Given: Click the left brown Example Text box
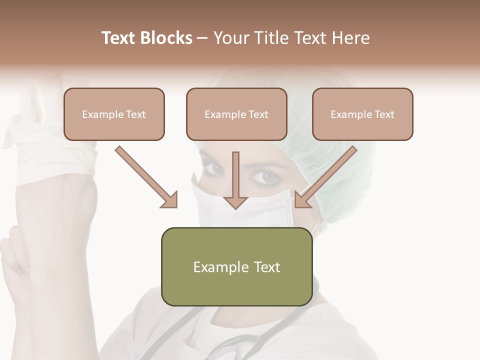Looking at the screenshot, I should click(x=114, y=114).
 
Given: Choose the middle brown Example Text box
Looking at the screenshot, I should click(x=236, y=114).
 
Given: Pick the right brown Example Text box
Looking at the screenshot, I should click(x=362, y=114).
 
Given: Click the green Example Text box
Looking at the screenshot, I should click(x=236, y=266).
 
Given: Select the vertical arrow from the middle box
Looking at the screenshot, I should click(x=235, y=177).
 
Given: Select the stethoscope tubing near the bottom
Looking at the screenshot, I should click(x=235, y=345).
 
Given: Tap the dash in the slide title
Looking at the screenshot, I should click(x=203, y=38).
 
